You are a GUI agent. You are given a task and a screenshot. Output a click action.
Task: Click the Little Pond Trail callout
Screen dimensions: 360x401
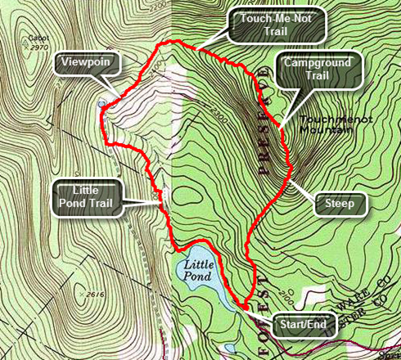(87, 196)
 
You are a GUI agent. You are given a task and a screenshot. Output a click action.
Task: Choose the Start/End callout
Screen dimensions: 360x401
(302, 325)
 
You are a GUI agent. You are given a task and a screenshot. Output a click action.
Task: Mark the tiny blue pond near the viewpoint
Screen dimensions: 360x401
(101, 105)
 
